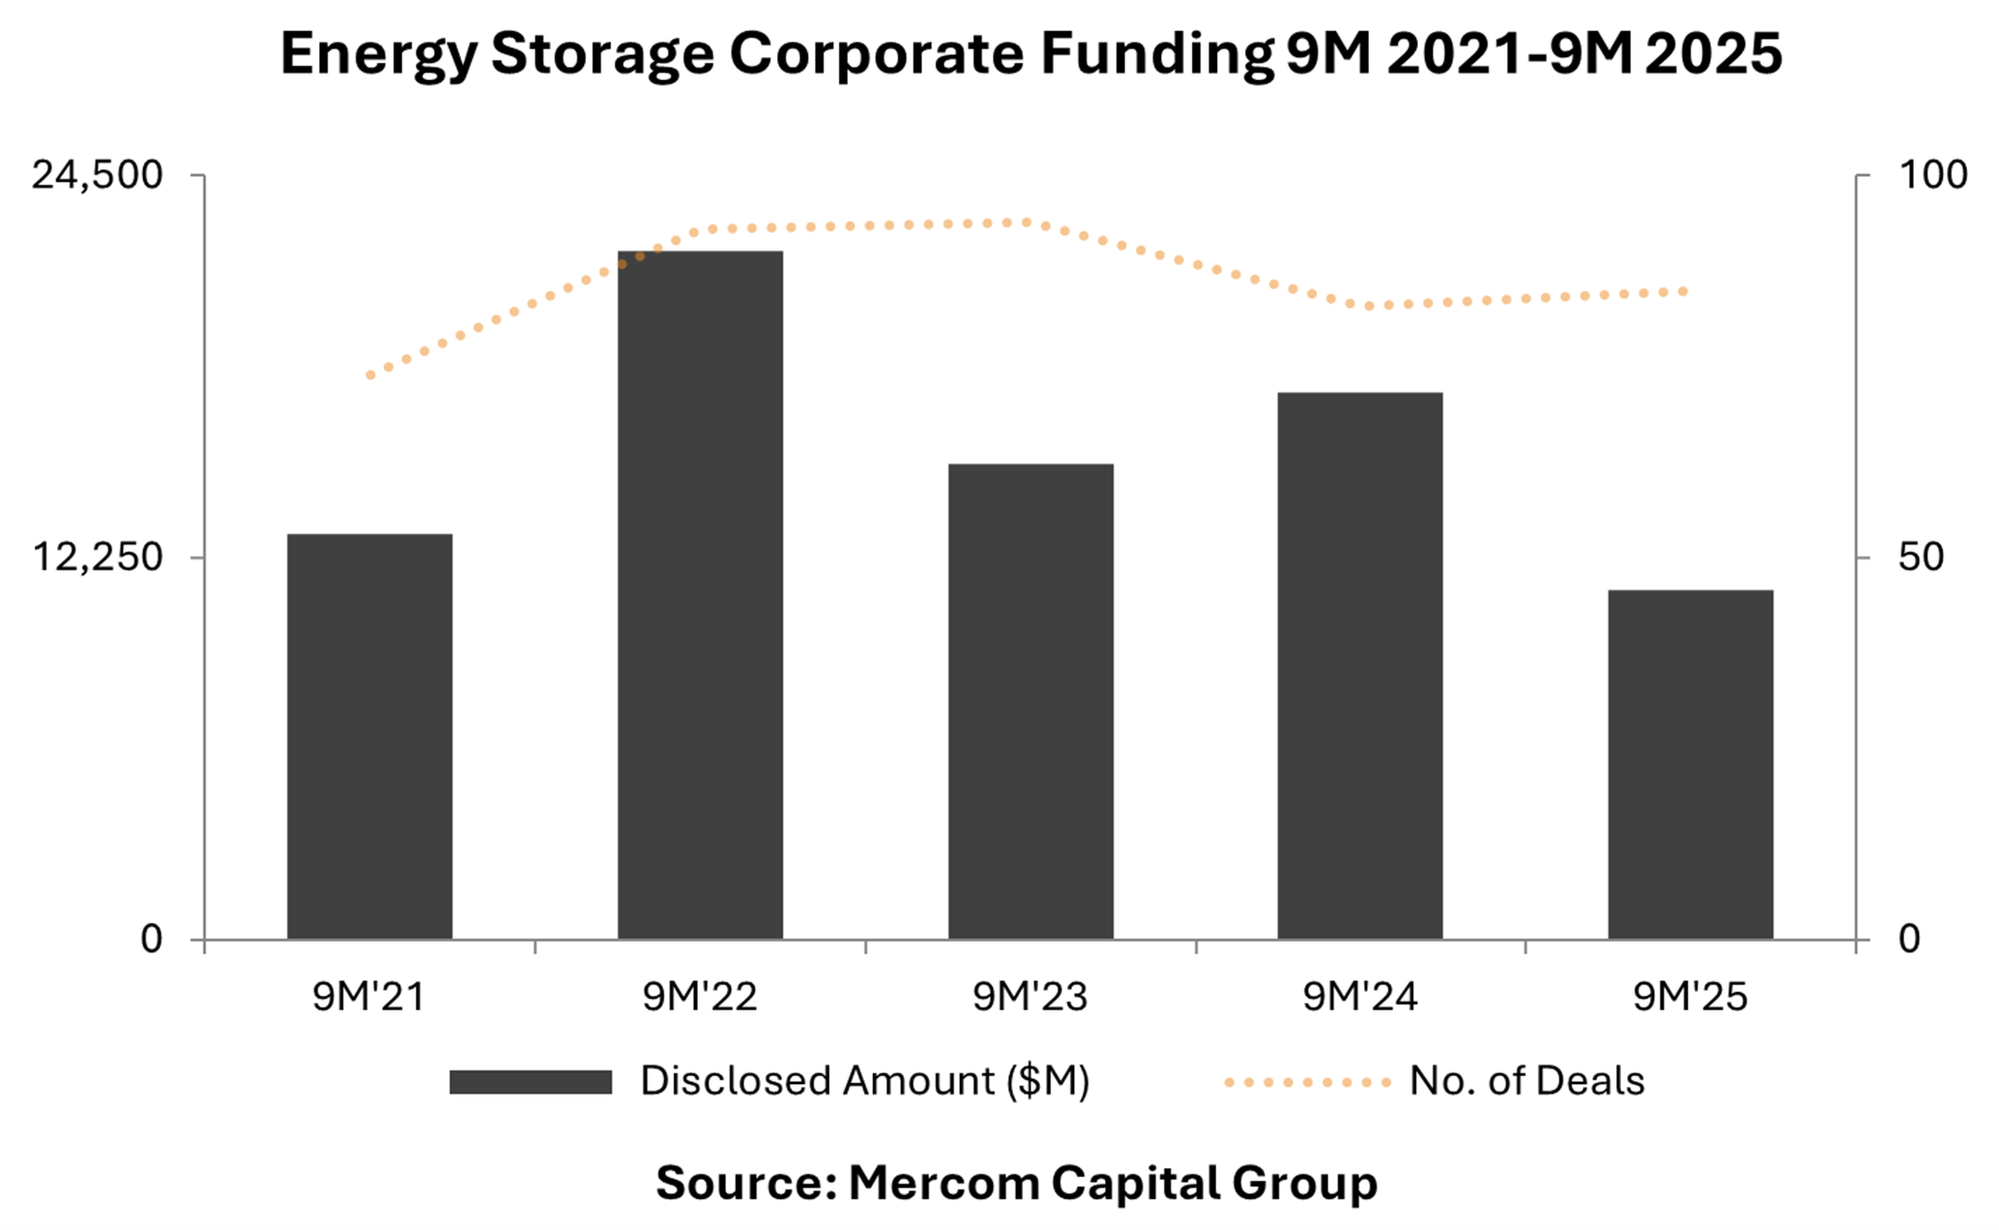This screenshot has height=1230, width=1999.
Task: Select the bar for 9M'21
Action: click(369, 737)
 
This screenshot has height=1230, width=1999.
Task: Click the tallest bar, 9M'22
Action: click(700, 595)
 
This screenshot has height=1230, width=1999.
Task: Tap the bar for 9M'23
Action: click(1030, 701)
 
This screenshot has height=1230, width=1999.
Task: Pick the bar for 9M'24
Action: click(1360, 665)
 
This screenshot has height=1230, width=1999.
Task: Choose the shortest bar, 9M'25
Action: click(1691, 764)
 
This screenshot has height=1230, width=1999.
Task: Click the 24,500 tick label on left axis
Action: click(98, 176)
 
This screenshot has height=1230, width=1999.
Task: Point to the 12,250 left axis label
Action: click(98, 558)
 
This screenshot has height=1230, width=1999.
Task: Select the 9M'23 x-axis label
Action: click(1030, 997)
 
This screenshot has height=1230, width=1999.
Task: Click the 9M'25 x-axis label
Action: click(1691, 997)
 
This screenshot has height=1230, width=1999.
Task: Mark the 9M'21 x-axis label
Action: click(369, 997)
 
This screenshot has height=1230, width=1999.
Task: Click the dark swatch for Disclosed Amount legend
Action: click(531, 1082)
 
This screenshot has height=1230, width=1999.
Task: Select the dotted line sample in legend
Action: click(1307, 1082)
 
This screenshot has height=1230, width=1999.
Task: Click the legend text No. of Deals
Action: click(1526, 1081)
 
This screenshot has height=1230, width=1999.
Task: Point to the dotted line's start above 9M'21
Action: click(370, 375)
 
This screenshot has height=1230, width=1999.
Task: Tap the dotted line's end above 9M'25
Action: click(1685, 291)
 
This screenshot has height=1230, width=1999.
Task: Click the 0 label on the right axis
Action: click(1909, 939)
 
